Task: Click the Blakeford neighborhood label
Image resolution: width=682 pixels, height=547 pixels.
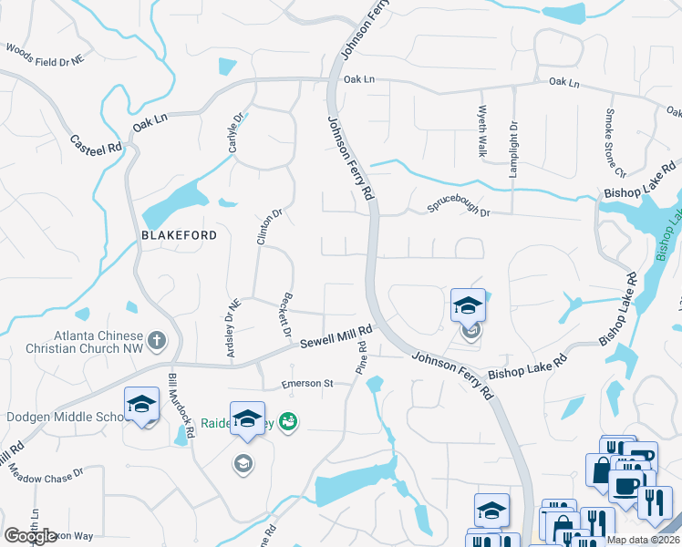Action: click(180, 235)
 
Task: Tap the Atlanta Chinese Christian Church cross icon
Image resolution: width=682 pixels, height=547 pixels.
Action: click(157, 342)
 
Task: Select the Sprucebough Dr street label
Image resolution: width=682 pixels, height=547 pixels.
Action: click(460, 212)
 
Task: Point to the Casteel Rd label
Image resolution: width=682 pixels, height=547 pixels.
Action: click(96, 143)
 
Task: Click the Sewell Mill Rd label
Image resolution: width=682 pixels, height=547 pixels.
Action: click(336, 336)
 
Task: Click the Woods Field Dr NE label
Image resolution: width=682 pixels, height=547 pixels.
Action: click(45, 56)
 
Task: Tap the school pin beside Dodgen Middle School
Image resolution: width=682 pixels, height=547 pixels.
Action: click(141, 406)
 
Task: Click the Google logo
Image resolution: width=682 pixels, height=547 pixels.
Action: click(31, 536)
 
